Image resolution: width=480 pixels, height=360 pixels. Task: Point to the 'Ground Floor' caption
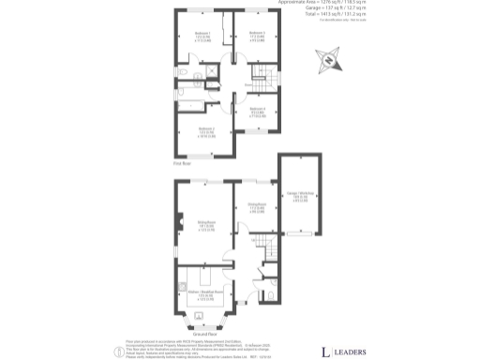204,334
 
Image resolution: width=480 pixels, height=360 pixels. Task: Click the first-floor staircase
262,81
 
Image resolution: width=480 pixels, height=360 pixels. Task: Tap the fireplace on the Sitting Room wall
178,222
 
